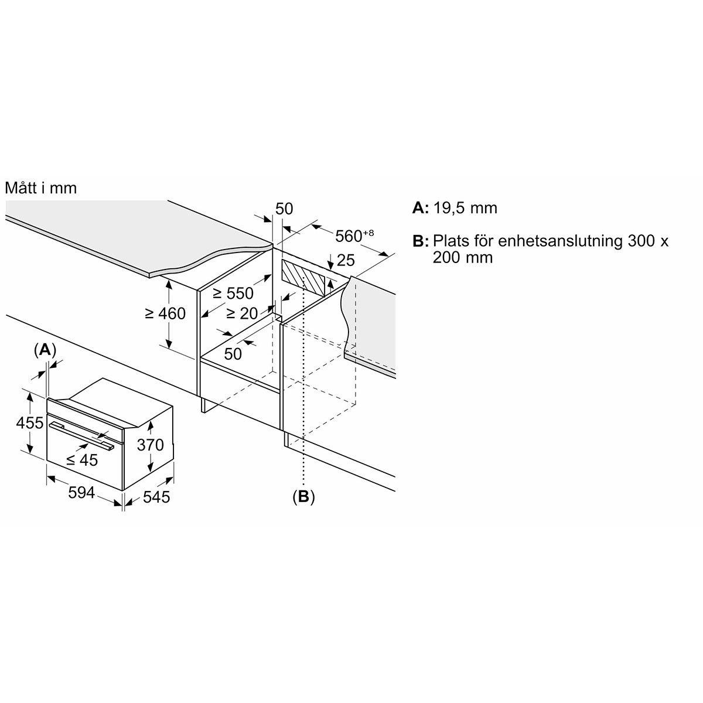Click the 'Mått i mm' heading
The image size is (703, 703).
click(x=41, y=188)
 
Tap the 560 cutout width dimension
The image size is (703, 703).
click(x=354, y=236)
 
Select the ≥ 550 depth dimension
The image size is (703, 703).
click(x=233, y=293)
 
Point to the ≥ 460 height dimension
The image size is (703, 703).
click(x=165, y=313)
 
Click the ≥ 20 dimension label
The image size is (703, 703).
click(x=242, y=313)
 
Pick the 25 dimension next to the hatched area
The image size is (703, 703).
click(x=346, y=260)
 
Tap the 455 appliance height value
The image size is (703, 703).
click(x=29, y=423)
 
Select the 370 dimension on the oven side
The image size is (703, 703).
click(x=151, y=445)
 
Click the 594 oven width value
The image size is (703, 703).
click(x=81, y=493)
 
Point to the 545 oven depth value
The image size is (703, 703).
click(x=156, y=497)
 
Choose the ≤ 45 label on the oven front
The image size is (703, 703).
click(x=82, y=460)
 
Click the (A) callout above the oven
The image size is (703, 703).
click(x=45, y=350)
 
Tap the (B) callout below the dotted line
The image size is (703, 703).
click(x=303, y=497)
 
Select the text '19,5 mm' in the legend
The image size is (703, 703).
click(x=465, y=209)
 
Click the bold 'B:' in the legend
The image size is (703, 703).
click(x=420, y=241)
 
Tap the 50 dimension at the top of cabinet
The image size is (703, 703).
click(x=284, y=209)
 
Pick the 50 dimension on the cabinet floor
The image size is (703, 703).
click(x=233, y=353)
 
